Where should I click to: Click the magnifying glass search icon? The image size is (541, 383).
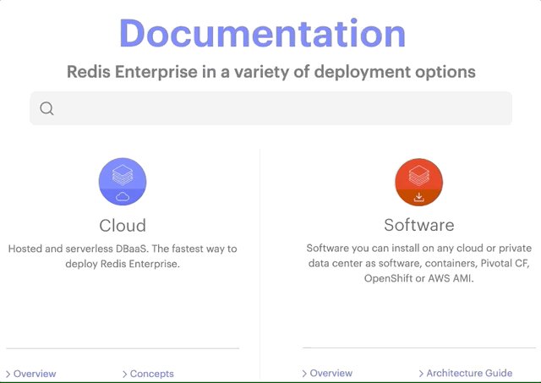click(46, 108)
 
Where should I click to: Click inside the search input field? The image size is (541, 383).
click(279, 108)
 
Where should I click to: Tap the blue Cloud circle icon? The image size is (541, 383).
click(123, 183)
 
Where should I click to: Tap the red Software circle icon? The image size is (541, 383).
click(418, 183)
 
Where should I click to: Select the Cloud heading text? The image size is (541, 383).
click(123, 225)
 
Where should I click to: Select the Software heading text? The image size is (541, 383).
click(418, 225)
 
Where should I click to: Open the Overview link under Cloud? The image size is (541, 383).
click(35, 374)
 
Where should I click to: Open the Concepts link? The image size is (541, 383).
click(151, 374)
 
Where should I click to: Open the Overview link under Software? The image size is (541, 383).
click(331, 373)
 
